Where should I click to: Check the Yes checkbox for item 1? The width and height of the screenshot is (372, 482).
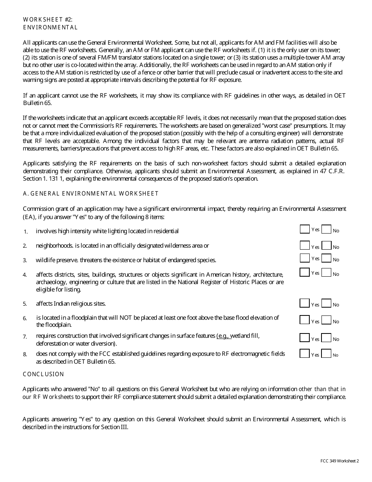(x=305, y=229)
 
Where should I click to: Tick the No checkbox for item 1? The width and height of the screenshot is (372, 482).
(x=327, y=229)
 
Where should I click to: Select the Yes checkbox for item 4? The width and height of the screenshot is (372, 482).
(x=305, y=272)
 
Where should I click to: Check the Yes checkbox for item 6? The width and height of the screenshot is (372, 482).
(x=305, y=320)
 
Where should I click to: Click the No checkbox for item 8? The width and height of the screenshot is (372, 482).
(x=327, y=353)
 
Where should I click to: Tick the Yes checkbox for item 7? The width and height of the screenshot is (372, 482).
(x=305, y=337)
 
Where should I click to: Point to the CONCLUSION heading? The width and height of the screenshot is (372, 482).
(x=43, y=374)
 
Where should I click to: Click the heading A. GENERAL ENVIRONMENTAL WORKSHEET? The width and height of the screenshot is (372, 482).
(x=90, y=194)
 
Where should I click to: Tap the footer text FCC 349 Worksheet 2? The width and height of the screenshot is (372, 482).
(x=339, y=461)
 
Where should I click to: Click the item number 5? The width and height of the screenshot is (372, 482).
(x=25, y=304)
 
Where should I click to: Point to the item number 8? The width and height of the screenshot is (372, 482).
(x=25, y=354)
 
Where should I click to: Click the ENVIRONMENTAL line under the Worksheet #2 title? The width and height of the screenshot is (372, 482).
(x=50, y=27)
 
